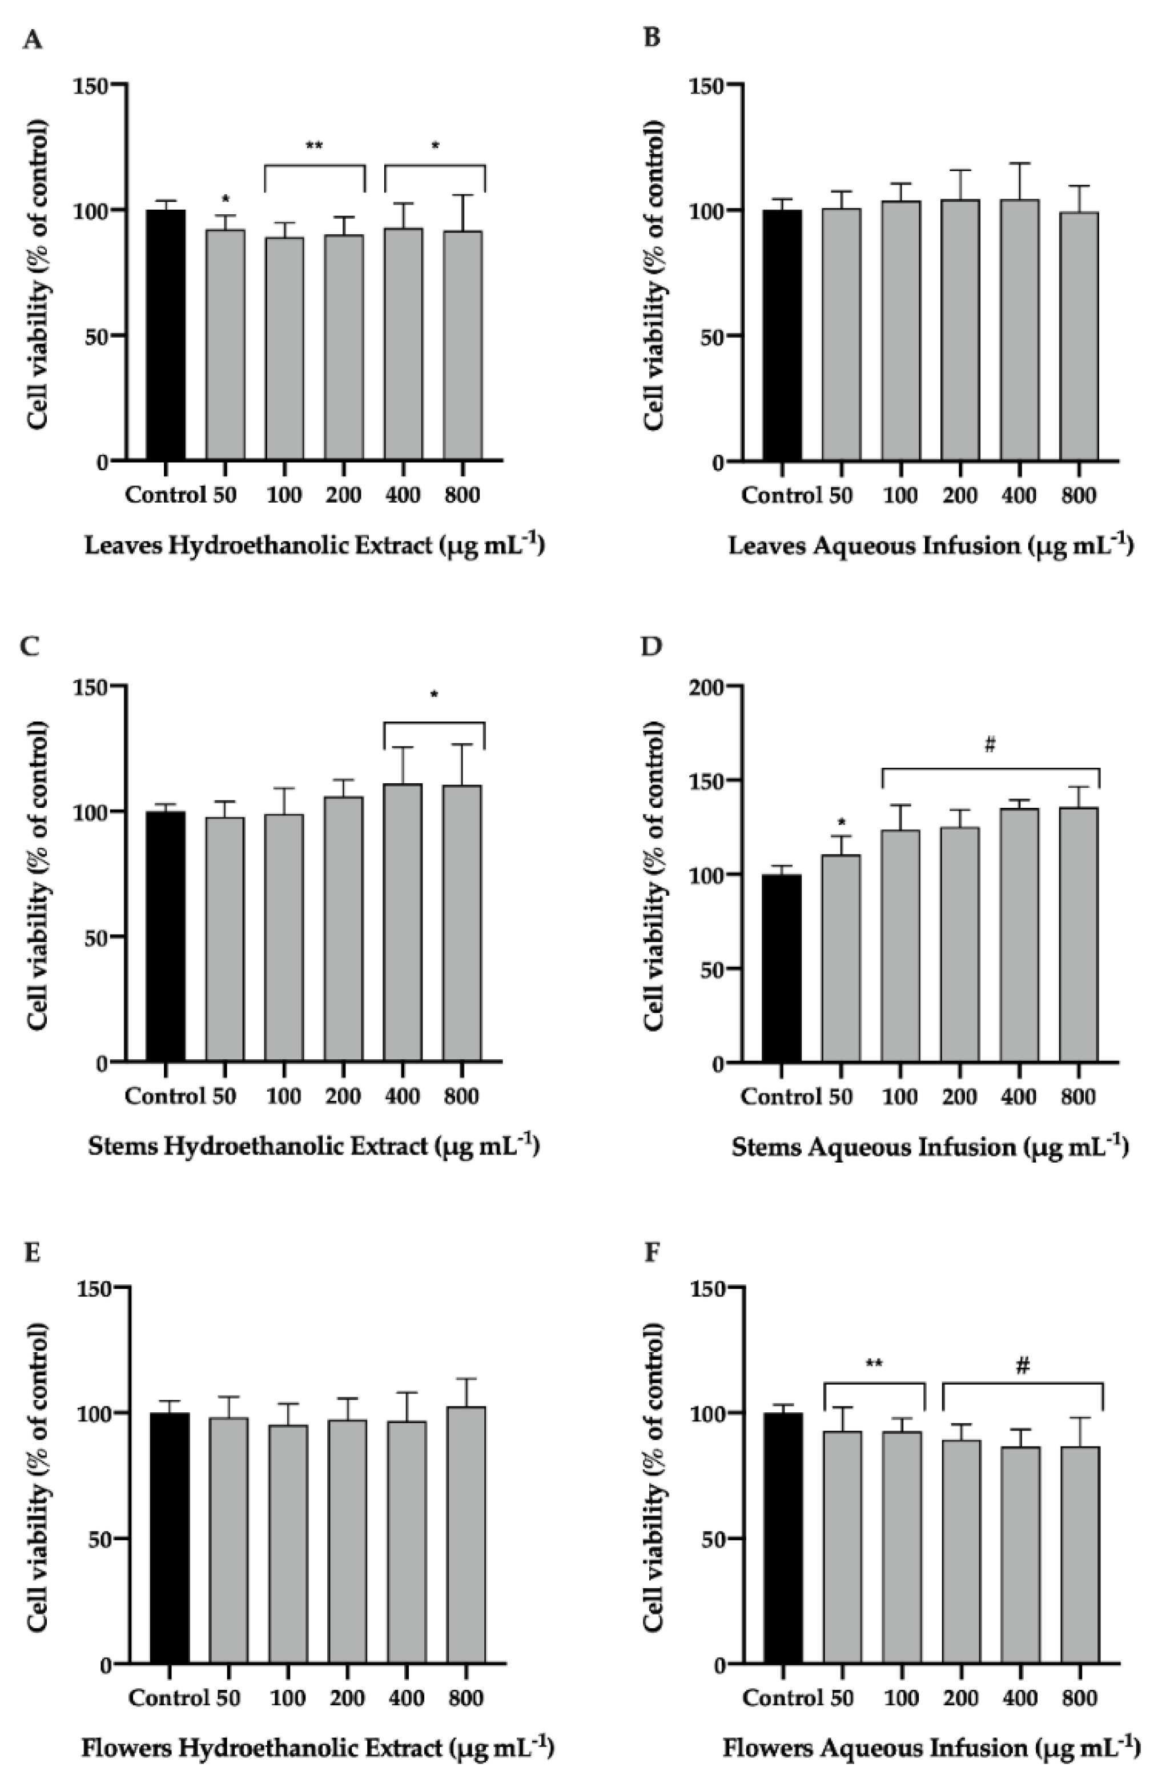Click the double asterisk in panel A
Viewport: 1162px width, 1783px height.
coord(315,145)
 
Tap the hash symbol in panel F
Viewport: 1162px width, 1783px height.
coord(1023,1366)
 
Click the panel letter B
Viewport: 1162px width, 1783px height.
coord(652,38)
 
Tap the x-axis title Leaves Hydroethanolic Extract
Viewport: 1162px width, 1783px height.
coord(315,544)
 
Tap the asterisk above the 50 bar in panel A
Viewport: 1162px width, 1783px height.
coord(226,199)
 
